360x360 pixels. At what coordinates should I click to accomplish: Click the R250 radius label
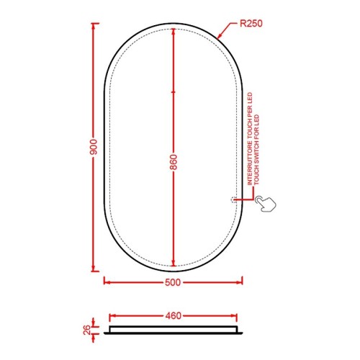(251, 24)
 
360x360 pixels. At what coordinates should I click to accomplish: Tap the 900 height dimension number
(94, 147)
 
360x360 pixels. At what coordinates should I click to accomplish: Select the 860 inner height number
(174, 162)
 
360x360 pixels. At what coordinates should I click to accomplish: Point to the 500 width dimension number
(173, 282)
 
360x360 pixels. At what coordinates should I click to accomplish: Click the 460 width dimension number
(173, 315)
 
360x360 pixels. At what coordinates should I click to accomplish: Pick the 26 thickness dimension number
(87, 330)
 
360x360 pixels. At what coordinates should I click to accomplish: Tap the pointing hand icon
(266, 204)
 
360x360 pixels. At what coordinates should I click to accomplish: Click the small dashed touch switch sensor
(233, 199)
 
